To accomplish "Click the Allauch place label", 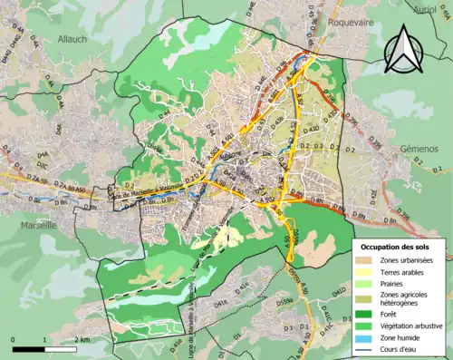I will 71,39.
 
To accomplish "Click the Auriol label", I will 425,10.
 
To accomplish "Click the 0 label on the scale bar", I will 14,339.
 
